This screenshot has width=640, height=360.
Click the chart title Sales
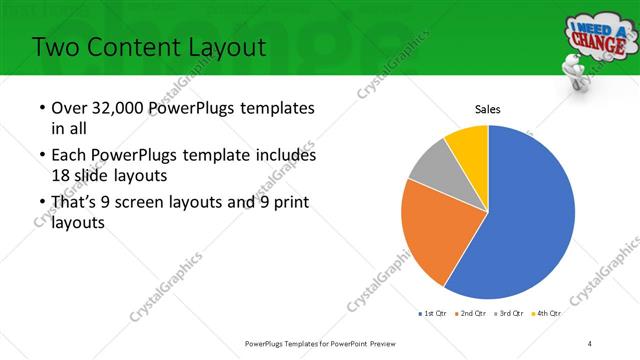[487, 110]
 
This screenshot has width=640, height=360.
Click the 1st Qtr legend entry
[434, 313]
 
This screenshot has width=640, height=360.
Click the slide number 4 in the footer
[590, 344]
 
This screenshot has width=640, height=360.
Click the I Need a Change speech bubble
[599, 36]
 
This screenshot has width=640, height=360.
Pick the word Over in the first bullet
[68, 108]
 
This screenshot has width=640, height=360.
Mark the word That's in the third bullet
[76, 203]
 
